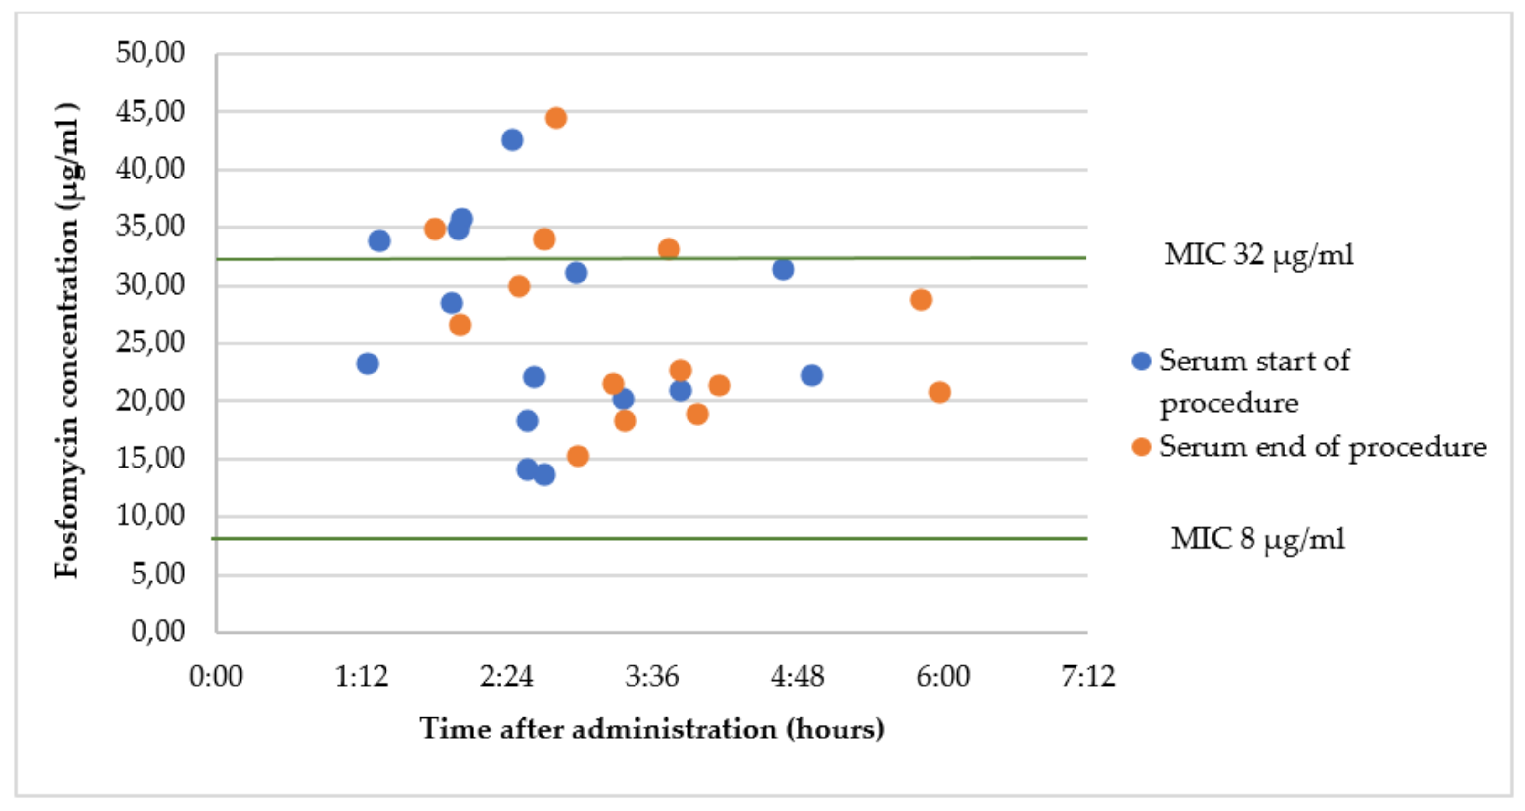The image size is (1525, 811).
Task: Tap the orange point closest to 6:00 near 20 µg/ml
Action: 940,392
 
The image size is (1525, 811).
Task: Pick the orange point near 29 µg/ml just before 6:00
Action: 920,300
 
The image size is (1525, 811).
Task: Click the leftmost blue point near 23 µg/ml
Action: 367,364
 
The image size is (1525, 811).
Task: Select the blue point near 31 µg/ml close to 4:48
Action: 783,270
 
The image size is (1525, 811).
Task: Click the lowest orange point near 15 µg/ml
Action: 578,456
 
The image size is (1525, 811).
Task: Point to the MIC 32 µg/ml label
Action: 1259,255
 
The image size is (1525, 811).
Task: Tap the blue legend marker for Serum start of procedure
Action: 1141,361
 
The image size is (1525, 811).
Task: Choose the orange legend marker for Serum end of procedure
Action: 1141,447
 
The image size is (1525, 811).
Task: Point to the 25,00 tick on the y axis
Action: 150,342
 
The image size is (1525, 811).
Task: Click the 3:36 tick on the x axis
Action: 652,676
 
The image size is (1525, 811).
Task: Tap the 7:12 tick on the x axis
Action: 1088,676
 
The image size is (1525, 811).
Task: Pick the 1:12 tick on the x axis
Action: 361,676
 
